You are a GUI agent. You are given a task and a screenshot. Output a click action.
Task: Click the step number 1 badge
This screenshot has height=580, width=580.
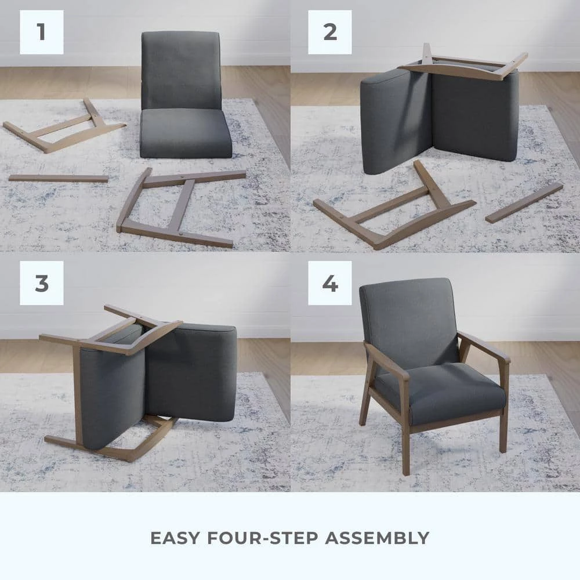point(41,32)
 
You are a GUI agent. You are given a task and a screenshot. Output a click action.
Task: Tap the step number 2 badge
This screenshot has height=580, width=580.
point(329,32)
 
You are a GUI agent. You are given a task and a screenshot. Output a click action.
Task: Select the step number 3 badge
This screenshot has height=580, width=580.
point(41,283)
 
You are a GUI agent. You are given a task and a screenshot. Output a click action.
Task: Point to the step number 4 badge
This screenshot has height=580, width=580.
point(329,283)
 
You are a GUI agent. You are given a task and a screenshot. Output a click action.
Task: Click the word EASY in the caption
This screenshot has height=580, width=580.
point(175,538)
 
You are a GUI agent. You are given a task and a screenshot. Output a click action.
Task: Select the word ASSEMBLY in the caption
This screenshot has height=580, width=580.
point(377,538)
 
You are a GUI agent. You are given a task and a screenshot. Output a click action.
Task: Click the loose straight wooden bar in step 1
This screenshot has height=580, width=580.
point(58,178)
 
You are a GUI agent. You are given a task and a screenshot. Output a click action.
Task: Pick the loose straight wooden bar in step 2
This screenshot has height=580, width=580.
point(524,202)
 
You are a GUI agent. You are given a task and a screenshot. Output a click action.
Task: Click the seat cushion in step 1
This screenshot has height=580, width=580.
point(186,133)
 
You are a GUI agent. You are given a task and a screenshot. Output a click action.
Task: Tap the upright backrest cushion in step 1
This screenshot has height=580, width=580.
point(181,70)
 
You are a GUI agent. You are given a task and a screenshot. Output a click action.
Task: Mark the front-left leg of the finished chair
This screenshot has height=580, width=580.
point(405,447)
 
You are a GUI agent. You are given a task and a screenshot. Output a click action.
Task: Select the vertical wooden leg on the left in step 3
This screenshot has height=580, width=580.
point(77,394)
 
